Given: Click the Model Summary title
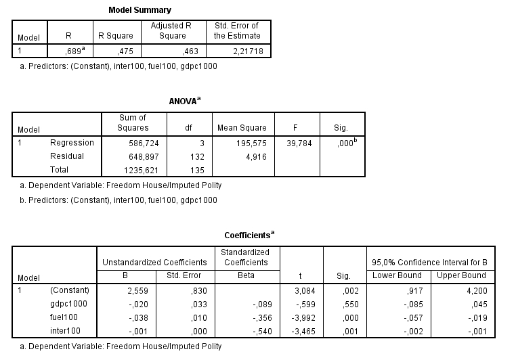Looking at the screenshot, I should tap(140, 10).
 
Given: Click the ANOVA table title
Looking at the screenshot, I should tap(184, 101).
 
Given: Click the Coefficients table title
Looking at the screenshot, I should tap(249, 235).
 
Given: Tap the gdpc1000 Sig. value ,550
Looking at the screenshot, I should tap(346, 304).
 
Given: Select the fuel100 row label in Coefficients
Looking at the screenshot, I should tap(63, 317).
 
